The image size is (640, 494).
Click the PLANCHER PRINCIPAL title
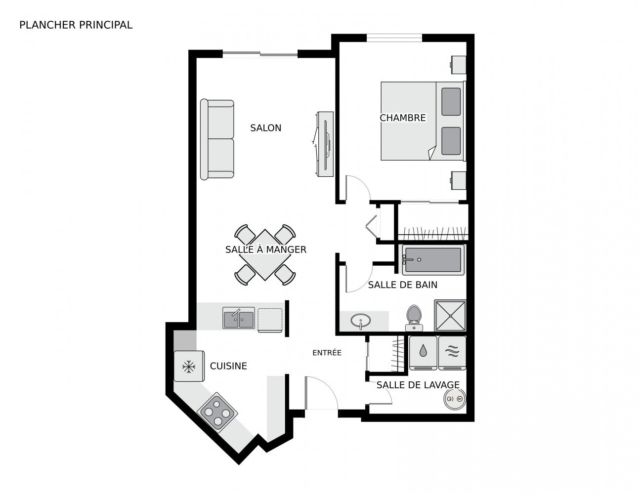76,25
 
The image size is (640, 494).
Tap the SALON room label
266,128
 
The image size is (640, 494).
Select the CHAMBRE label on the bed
403,118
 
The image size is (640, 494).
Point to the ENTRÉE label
327,352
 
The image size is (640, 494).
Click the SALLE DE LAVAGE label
418,385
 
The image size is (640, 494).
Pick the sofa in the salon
217,139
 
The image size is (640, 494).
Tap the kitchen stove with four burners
217,412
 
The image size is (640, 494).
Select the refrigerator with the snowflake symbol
189,366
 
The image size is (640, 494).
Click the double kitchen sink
239,318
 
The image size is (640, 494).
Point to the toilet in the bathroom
414,318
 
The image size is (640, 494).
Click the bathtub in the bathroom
433,260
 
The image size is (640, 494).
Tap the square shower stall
450,316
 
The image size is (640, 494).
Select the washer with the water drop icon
423,353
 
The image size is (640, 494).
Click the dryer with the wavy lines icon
452,353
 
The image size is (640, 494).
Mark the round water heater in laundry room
455,399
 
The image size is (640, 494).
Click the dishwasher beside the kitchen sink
270,320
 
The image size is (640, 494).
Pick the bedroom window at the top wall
394,38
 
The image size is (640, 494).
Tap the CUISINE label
228,366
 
